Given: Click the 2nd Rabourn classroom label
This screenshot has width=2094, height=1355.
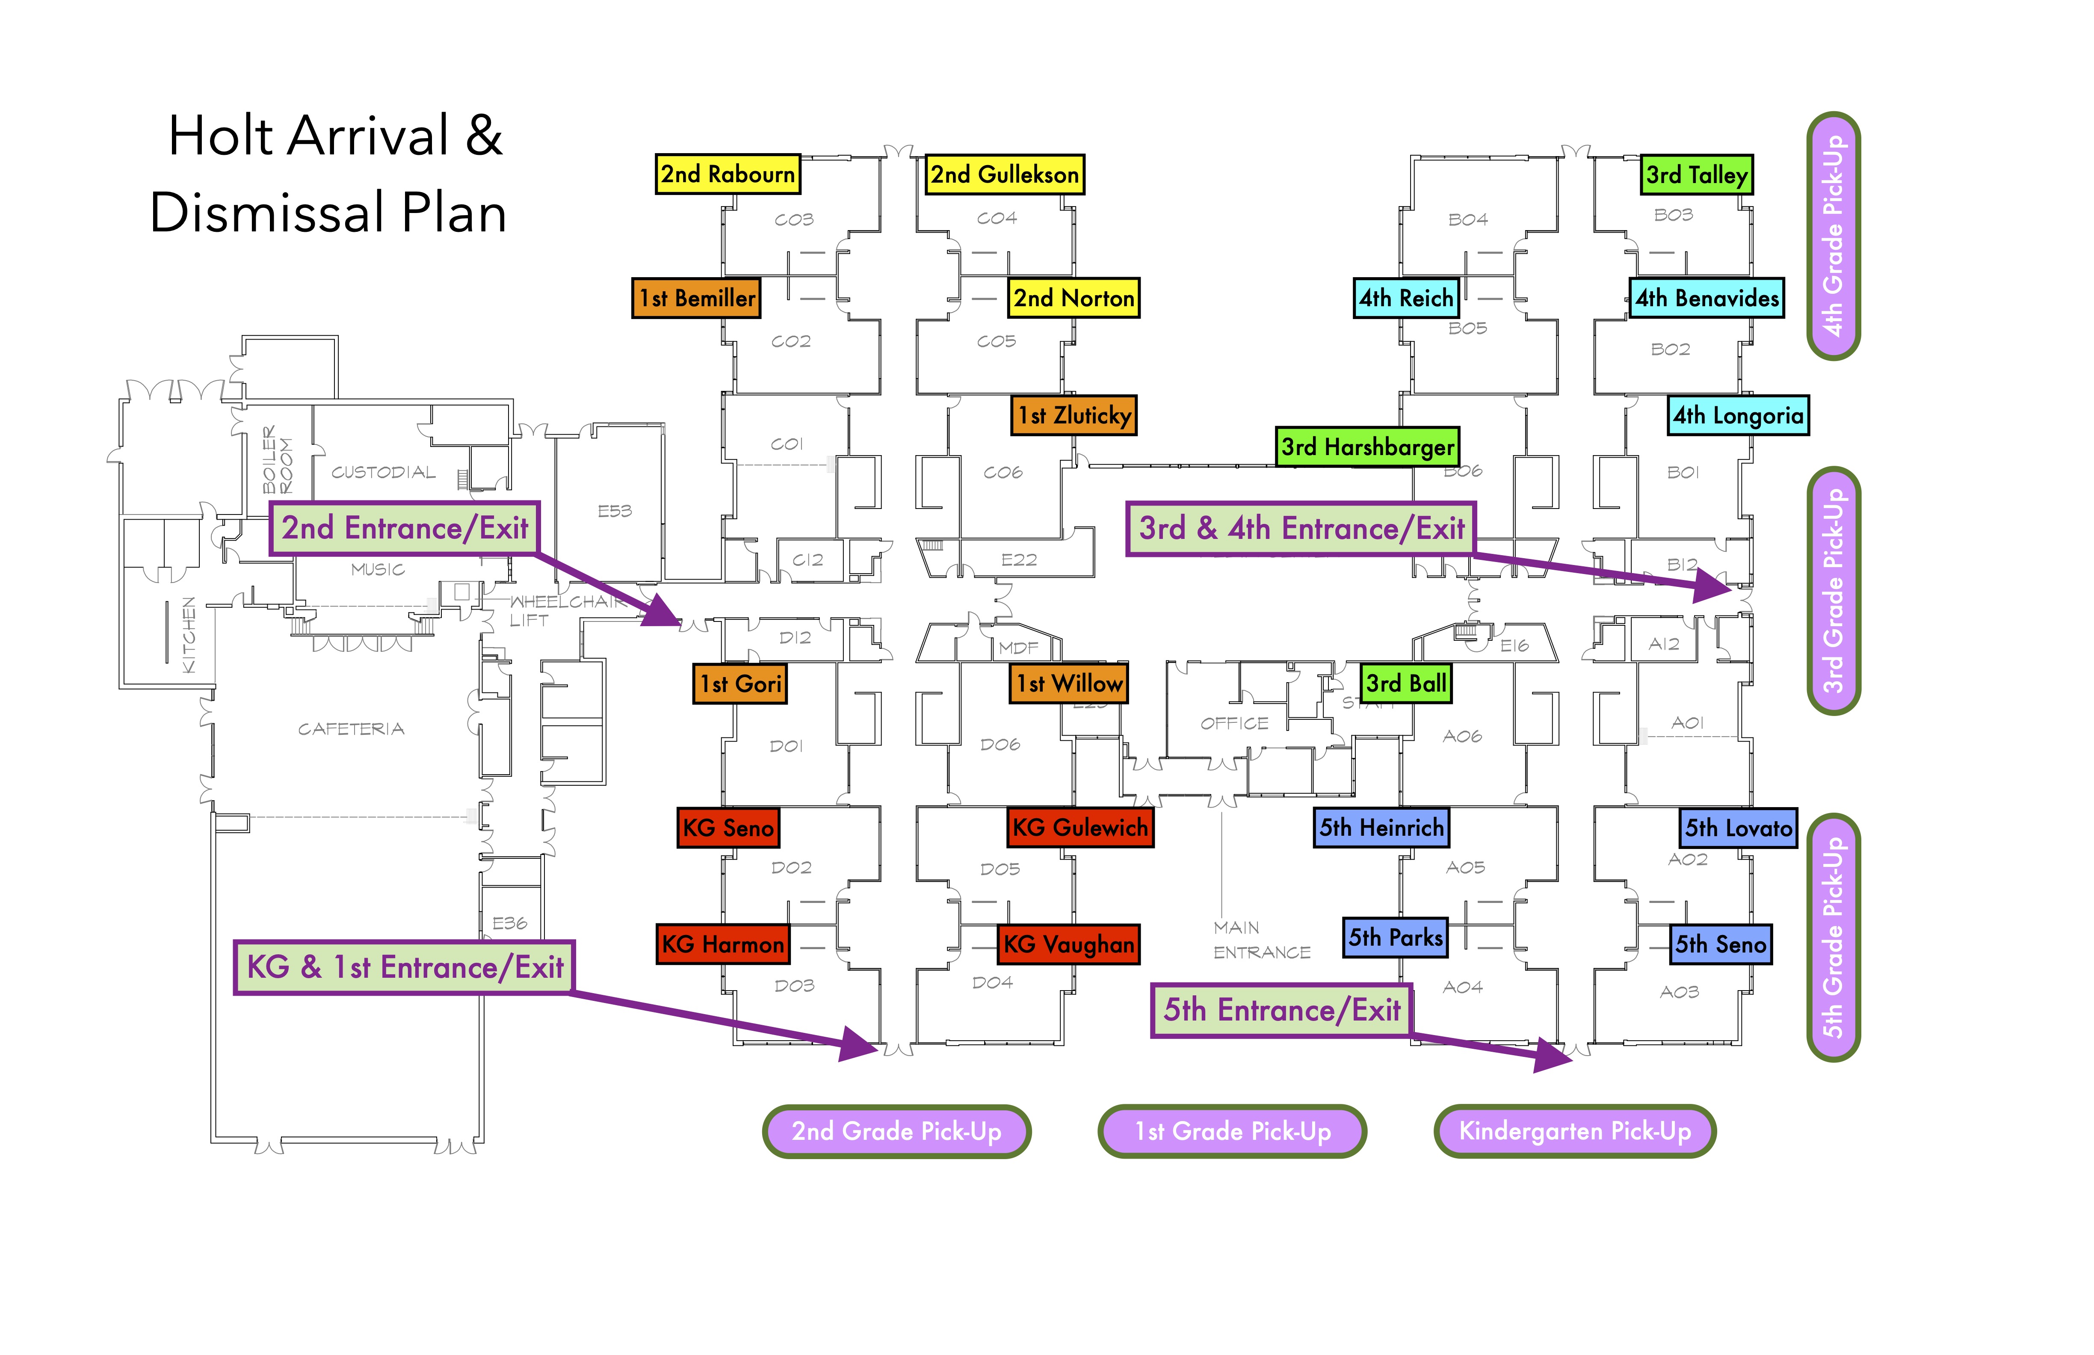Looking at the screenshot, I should (x=728, y=174).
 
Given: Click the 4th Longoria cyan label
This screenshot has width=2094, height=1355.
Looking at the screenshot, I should (x=1738, y=415).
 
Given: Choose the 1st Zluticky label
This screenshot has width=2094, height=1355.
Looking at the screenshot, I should (x=1074, y=415).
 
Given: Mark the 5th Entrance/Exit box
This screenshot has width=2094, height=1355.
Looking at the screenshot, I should (x=1281, y=1010).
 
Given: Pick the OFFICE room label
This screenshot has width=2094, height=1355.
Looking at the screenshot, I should (x=1234, y=723).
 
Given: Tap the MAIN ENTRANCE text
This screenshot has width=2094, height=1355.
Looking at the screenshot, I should (x=1261, y=940).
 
